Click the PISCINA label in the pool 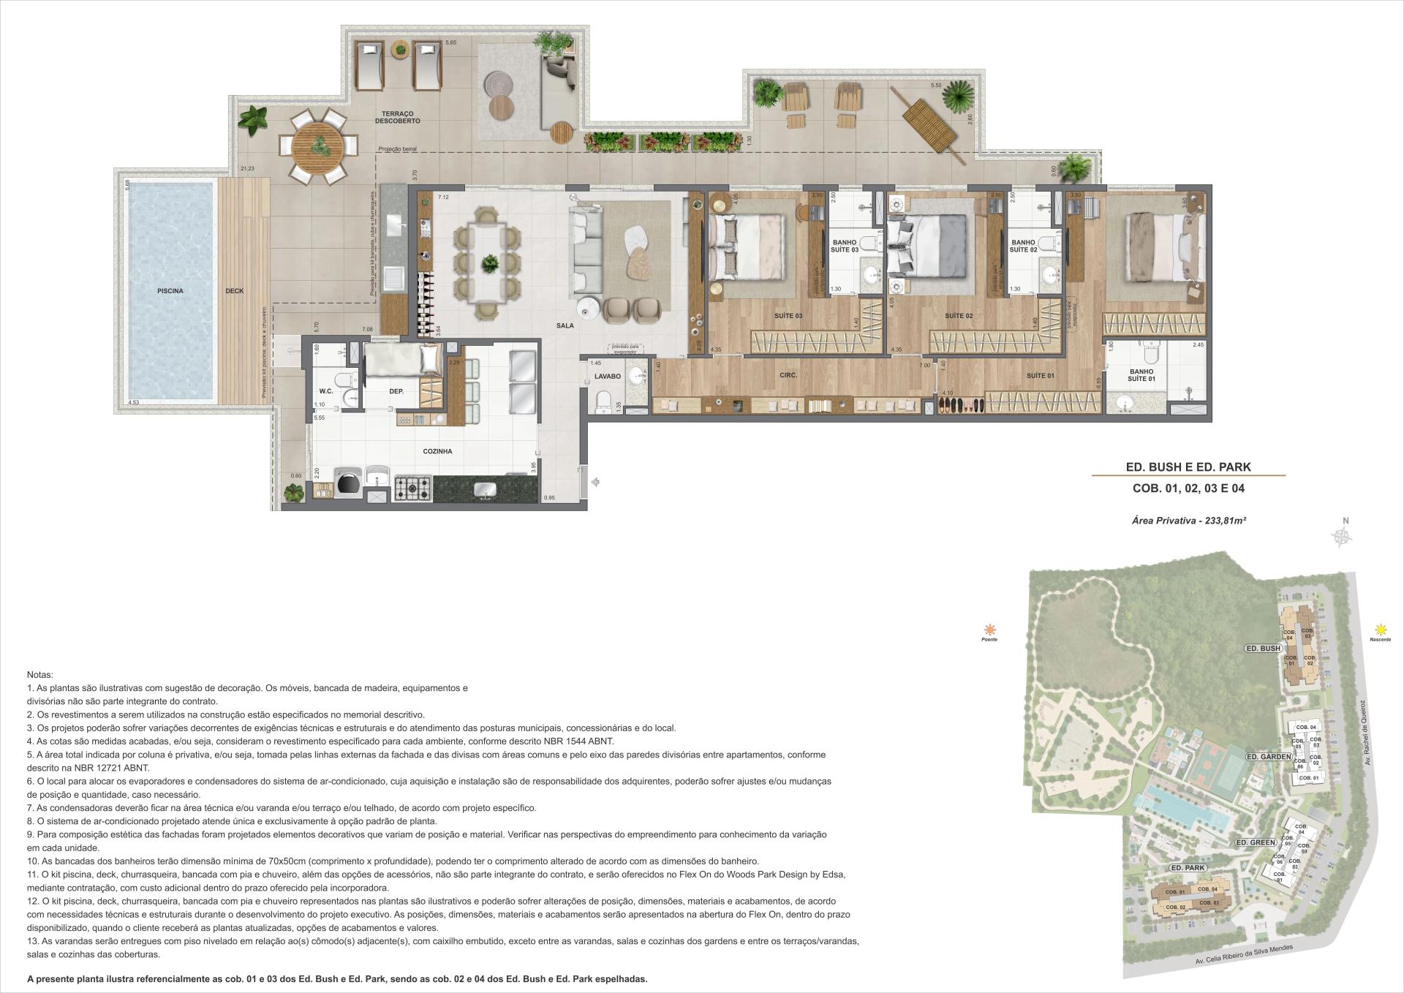point(170,291)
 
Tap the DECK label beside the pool point(234,291)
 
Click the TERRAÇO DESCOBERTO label point(398,117)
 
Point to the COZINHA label point(437,451)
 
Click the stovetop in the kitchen point(412,488)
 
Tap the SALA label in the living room point(565,325)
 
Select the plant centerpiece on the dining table point(488,263)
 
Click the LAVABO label point(607,377)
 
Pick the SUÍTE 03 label point(788,316)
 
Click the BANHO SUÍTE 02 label point(1023,246)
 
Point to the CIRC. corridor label point(788,375)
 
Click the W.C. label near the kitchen point(325,391)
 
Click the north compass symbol point(1343,537)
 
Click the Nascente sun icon point(1381,629)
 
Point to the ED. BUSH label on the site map point(1263,648)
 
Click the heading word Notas point(39,674)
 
